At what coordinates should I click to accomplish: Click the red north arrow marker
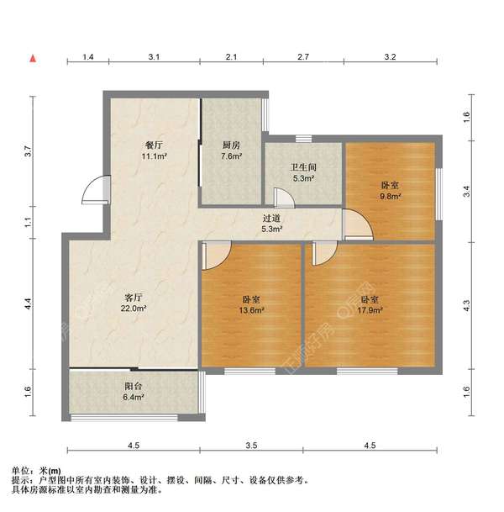[x=32, y=58]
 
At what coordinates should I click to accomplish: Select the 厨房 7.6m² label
[x=231, y=150]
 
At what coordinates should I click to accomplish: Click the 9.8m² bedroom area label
[x=390, y=191]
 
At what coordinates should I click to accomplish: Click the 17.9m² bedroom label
[x=370, y=304]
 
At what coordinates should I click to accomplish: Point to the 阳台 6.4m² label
[x=134, y=393]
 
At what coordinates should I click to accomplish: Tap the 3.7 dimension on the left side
[x=28, y=152]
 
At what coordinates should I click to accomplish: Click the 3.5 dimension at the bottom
[x=252, y=446]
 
